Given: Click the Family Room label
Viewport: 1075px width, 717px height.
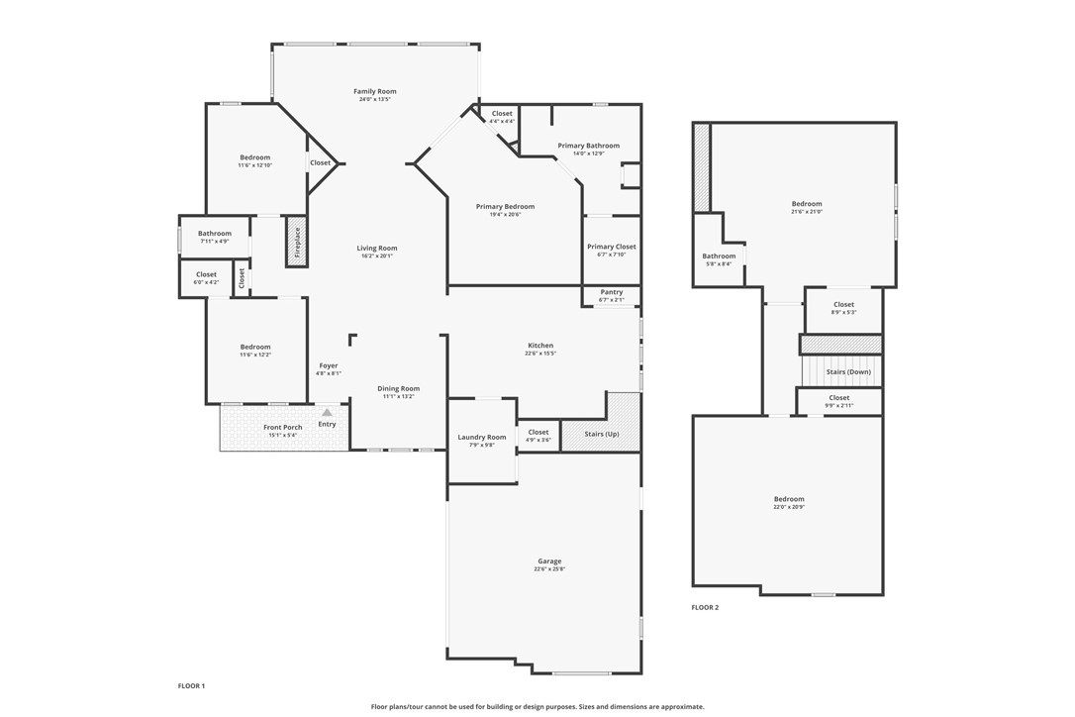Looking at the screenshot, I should point(375,91).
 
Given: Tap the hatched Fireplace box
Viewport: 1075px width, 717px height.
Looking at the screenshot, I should point(295,243).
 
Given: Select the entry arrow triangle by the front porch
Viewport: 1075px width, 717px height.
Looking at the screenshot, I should point(327,412).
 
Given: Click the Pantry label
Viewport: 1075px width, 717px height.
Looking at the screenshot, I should point(612,292).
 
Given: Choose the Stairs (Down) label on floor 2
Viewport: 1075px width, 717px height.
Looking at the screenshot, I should point(848,371).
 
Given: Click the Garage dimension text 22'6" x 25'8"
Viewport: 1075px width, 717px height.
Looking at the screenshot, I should point(549,569).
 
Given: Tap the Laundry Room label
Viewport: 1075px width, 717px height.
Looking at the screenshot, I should point(482,437).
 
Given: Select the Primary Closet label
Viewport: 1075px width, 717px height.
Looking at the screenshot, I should point(612,247).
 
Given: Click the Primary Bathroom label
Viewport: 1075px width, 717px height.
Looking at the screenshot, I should point(588,146).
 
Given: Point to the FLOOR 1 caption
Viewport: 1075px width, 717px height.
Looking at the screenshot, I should point(191,685).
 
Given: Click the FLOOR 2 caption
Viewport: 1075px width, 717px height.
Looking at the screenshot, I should point(705,607).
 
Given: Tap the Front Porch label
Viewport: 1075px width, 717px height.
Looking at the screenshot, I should point(283,428).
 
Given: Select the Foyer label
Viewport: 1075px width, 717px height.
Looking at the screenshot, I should point(328,365).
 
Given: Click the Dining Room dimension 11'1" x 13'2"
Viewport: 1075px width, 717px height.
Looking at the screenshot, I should point(399,396).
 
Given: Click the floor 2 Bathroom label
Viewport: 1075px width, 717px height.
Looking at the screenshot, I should point(719,256).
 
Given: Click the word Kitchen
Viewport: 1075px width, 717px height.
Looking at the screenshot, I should point(540,346).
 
